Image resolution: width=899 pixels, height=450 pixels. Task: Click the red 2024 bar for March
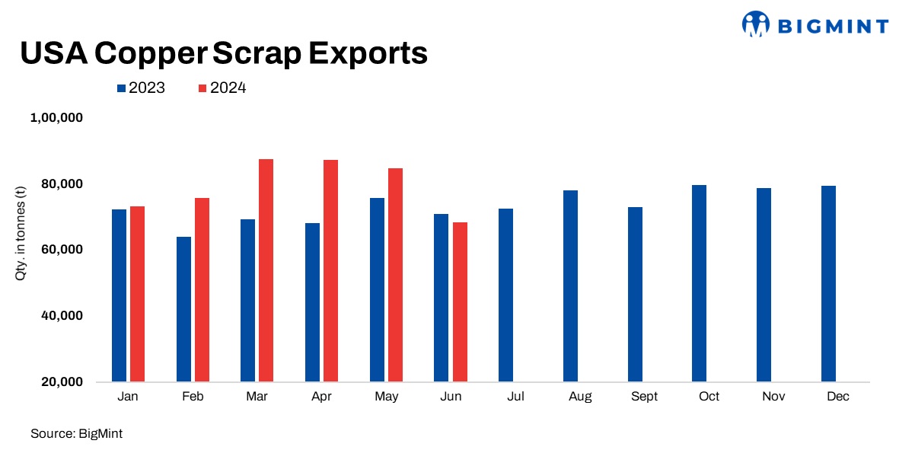266,270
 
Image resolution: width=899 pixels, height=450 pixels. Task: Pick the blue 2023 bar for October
700,283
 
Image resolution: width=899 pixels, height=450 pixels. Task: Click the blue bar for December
828,283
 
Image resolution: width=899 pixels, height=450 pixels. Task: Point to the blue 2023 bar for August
570,286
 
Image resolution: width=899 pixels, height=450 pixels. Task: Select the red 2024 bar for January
137,294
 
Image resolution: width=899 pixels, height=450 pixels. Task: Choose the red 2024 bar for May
395,275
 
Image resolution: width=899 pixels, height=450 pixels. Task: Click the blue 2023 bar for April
312,302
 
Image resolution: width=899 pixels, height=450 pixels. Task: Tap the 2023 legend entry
141,88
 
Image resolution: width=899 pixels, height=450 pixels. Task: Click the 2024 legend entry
222,88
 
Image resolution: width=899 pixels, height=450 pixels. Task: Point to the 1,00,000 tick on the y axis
56,118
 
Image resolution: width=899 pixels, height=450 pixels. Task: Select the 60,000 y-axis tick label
61,250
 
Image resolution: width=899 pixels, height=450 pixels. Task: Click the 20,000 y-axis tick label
61,381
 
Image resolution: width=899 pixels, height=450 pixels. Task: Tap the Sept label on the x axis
643,397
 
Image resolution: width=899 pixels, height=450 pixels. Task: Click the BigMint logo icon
756,24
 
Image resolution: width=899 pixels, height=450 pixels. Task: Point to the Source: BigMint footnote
76,433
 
